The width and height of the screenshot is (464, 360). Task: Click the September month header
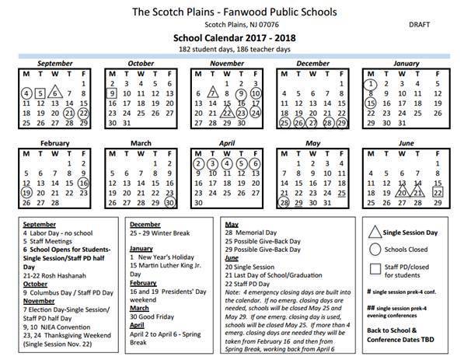coord(54,62)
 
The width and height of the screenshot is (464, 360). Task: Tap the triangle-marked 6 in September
coord(54,93)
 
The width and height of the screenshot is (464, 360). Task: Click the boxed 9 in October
coord(112,93)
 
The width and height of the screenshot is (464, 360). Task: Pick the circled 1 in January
coord(372,82)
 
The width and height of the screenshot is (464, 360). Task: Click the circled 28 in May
coord(284,202)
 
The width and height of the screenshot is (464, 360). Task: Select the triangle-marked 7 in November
coord(213,93)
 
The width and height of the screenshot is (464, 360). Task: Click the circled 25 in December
coord(284,122)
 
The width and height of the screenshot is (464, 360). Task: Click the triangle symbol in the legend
coord(375,230)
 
